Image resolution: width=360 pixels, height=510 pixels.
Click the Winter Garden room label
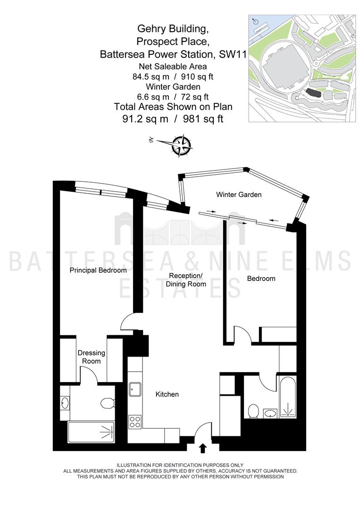(239, 195)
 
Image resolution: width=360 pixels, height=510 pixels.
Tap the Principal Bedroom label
(98, 270)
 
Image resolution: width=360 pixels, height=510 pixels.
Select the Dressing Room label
(92, 357)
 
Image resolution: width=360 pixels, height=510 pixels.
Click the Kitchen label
(167, 394)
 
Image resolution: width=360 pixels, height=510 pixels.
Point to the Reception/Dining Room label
(186, 280)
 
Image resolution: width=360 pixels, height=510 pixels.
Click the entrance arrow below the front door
(203, 448)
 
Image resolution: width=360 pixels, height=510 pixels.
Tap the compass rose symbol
(181, 145)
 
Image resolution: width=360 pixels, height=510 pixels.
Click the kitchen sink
(135, 389)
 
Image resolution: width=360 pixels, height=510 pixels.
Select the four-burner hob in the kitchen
(134, 422)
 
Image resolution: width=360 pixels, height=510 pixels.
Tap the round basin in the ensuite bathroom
(65, 403)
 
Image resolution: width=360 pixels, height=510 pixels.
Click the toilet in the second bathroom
(253, 411)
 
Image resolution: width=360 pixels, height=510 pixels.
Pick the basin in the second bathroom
(270, 414)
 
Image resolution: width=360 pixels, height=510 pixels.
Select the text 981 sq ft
(203, 119)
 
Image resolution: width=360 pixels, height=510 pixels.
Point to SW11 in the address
(233, 54)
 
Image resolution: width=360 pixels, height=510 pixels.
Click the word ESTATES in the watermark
(180, 288)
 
